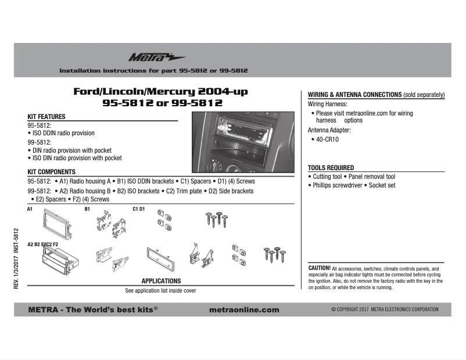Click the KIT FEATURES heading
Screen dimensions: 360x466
pyautogui.click(x=46, y=117)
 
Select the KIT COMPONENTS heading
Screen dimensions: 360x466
pyautogui.click(x=52, y=172)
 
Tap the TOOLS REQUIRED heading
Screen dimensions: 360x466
pyautogui.click(x=331, y=167)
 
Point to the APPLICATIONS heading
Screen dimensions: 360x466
pyautogui.click(x=161, y=281)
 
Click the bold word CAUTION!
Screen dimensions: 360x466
pyautogui.click(x=319, y=268)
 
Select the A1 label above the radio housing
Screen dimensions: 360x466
pyautogui.click(x=30, y=208)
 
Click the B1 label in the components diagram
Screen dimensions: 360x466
pyautogui.click(x=87, y=208)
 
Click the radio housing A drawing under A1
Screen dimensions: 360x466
pyautogui.click(x=54, y=224)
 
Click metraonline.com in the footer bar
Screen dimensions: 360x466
pyautogui.click(x=243, y=309)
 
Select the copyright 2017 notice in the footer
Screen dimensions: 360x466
pyautogui.click(x=385, y=309)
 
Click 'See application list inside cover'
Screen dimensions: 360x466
pyautogui.click(x=161, y=290)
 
